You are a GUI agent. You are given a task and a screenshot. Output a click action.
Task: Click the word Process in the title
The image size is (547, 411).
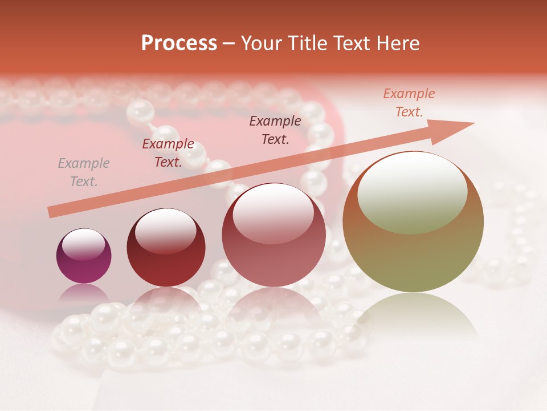pos(179,43)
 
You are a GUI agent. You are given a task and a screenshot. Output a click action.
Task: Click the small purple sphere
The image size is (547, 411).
pos(84,256)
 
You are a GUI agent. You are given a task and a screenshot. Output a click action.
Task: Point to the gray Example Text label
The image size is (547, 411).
pos(84,172)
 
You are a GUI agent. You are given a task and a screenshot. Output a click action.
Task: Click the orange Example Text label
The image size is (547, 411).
pos(409,103)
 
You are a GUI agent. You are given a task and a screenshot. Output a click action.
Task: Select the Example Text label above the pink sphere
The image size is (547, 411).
pos(275,130)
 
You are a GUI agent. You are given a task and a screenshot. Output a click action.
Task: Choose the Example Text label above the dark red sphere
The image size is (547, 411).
pos(168,153)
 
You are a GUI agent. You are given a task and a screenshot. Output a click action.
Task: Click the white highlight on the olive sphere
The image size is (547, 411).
pos(412,191)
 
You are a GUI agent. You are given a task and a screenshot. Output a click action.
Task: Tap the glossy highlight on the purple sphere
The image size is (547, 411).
pos(83,244)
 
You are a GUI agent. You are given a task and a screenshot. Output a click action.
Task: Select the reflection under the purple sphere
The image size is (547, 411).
pos(84,295)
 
